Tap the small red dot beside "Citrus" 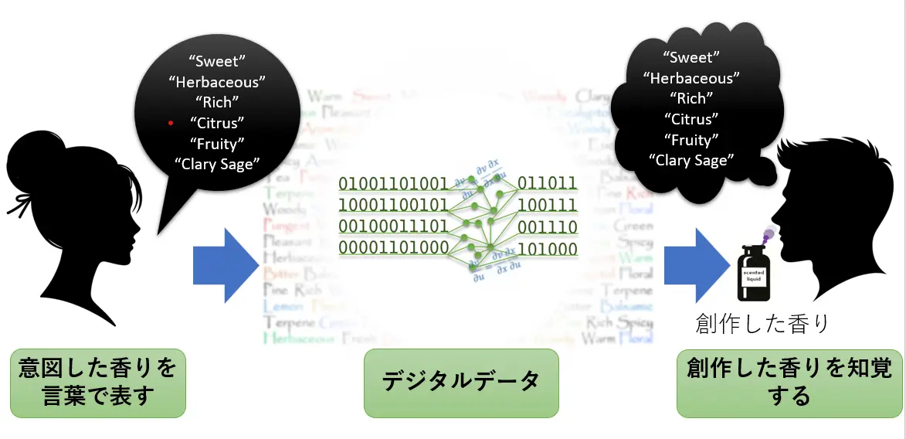(x=171, y=123)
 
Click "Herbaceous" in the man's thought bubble (x=691, y=78)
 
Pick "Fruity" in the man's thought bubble (x=691, y=141)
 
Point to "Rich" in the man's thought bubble (x=691, y=99)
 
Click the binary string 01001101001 (x=393, y=184)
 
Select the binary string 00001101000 (x=393, y=248)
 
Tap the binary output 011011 (x=547, y=183)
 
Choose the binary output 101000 (x=547, y=249)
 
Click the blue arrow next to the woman (x=225, y=265)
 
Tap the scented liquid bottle (x=752, y=271)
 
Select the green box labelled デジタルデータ (x=460, y=383)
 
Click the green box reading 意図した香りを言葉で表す (x=98, y=383)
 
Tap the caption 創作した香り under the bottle (x=761, y=323)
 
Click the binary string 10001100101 (x=393, y=206)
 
